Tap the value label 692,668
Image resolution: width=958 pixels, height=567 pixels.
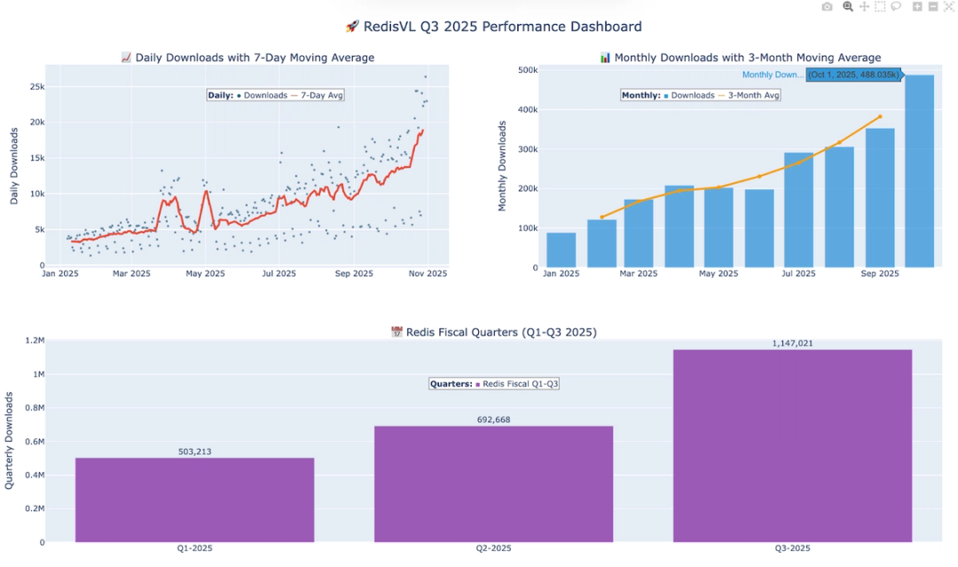point(493,420)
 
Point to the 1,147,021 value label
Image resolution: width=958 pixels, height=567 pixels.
point(792,343)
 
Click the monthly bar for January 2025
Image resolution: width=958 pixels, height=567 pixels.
point(561,249)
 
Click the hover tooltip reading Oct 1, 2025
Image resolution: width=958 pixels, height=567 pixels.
point(852,75)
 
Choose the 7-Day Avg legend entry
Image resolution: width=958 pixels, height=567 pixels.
point(317,95)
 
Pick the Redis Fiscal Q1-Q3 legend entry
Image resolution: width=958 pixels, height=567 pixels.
point(520,384)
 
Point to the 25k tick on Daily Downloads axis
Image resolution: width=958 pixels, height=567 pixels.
point(37,86)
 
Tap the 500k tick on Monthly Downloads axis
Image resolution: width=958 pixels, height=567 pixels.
point(527,70)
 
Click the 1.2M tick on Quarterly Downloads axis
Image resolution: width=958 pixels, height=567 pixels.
point(35,341)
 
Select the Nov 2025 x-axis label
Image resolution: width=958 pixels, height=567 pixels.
point(428,273)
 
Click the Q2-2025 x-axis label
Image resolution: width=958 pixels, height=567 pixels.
point(493,548)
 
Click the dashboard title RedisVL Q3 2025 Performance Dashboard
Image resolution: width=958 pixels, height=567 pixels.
point(493,27)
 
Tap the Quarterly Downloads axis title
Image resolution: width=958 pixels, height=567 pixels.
point(10,441)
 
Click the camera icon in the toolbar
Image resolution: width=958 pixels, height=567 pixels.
point(827,7)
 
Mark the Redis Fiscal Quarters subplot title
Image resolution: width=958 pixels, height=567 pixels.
point(493,332)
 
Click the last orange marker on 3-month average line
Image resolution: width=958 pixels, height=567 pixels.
point(880,116)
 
